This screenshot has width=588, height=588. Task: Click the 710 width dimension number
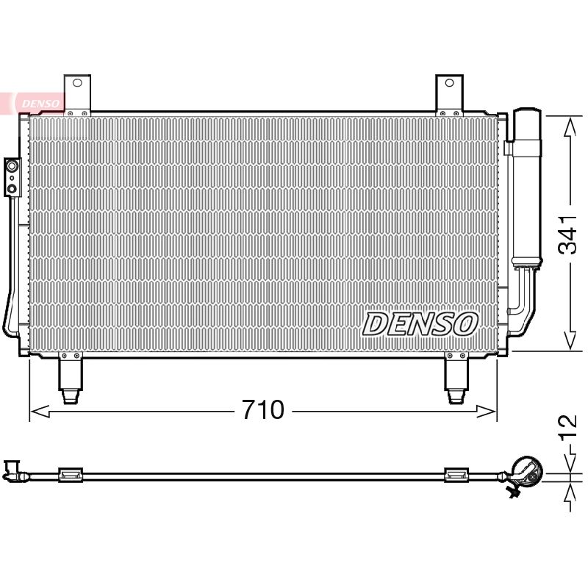tap(263, 409)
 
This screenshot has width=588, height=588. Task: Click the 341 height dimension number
tap(567, 235)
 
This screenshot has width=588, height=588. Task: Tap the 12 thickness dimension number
tap(567, 427)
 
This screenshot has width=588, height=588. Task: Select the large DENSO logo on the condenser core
tap(420, 324)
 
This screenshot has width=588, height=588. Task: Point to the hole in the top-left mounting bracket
tap(77, 83)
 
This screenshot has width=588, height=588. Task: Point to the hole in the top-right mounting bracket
tap(449, 83)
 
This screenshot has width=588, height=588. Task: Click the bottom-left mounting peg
tap(70, 380)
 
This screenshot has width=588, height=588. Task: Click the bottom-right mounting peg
tap(456, 380)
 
